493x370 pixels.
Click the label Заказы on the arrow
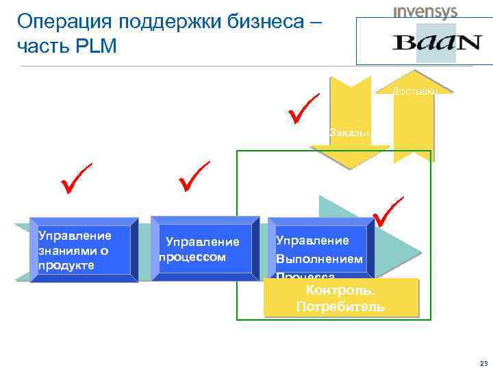pyautogui.click(x=349, y=132)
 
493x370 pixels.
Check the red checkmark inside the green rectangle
pyautogui.click(x=388, y=212)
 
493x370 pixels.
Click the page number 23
pyautogui.click(x=483, y=363)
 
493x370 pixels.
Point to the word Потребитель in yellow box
pyautogui.click(x=340, y=306)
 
